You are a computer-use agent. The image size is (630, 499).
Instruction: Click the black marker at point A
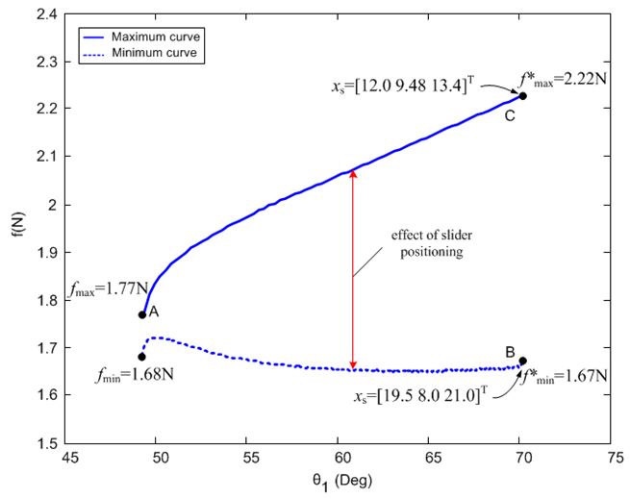coord(142,314)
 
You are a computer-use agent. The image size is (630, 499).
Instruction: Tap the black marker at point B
coord(522,362)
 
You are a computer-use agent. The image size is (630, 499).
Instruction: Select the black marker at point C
coord(522,96)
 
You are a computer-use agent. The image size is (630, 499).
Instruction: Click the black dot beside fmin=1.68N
coord(142,357)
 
